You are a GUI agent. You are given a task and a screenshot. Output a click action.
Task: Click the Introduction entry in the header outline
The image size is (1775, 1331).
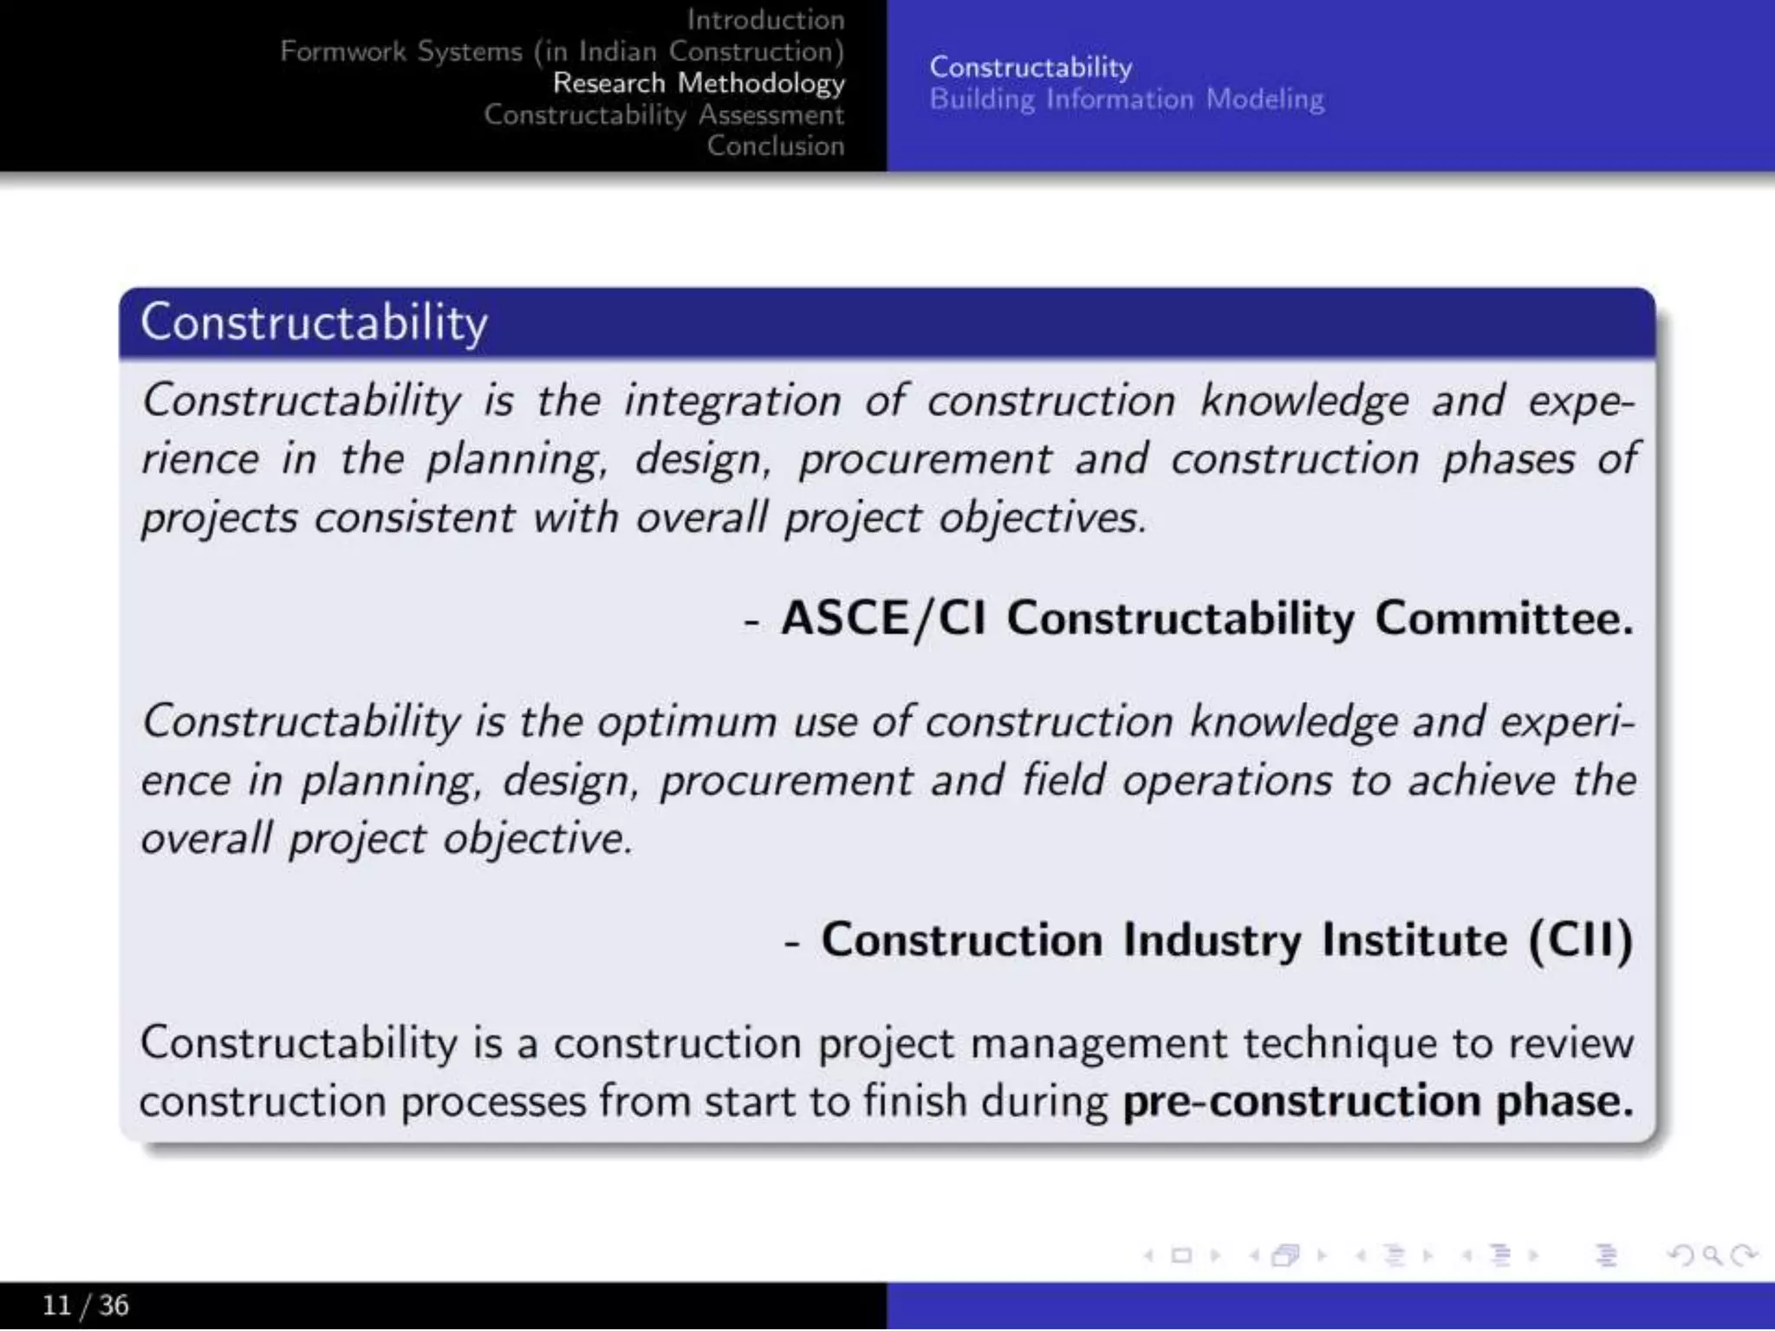765,19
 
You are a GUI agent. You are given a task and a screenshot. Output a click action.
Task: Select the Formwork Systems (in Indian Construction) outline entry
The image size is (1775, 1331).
562,51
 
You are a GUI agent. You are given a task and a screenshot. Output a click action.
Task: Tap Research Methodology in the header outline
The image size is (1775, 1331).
699,83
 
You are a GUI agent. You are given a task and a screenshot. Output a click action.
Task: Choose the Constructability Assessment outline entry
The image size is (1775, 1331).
664,114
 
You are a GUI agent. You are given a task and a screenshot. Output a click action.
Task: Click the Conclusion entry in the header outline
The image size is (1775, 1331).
775,146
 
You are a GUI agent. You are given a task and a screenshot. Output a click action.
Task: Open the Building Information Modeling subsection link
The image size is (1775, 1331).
1126,100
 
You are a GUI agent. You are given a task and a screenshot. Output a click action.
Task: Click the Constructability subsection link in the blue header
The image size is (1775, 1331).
1031,68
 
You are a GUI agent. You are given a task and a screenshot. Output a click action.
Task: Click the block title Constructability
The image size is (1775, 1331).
314,323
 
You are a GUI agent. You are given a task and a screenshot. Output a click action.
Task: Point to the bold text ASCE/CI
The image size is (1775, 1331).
883,619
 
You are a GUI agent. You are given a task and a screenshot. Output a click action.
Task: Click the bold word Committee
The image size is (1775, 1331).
1504,619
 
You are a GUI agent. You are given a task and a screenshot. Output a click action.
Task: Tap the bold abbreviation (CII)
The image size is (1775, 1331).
1581,940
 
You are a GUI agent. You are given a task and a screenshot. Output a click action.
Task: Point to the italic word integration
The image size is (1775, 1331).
732,402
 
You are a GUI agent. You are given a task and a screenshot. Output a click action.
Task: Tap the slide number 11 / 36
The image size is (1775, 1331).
85,1305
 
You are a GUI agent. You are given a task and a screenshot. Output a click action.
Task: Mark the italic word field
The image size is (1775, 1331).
1063,780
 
